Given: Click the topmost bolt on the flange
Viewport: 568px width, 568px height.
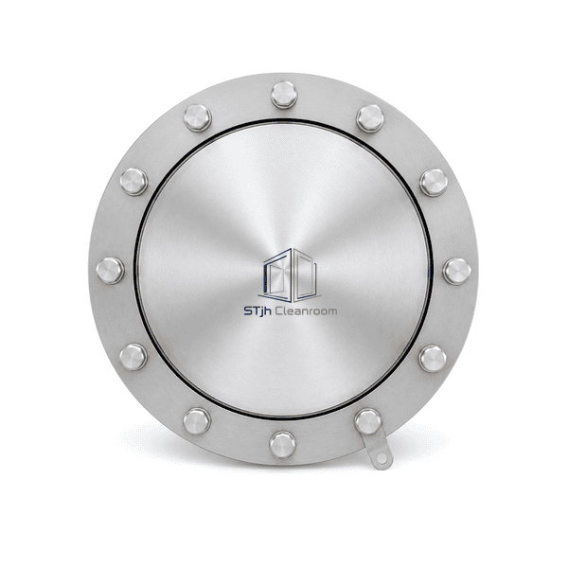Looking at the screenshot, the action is (284, 95).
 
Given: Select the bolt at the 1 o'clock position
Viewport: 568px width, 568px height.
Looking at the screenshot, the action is (370, 118).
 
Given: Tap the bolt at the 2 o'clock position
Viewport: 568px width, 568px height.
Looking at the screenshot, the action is (434, 183).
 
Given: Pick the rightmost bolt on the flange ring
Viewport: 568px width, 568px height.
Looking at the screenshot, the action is (457, 271).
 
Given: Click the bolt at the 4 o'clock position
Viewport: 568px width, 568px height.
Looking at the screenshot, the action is (433, 359).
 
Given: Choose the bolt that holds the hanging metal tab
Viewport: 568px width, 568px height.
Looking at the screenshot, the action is (368, 421).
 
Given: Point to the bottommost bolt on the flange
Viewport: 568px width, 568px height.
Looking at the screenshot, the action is (282, 445).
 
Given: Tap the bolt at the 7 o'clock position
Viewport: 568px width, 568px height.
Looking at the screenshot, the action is (197, 421).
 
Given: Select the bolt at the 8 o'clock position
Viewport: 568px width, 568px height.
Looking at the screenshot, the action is (133, 357).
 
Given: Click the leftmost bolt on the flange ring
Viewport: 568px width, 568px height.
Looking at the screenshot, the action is (110, 271).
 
